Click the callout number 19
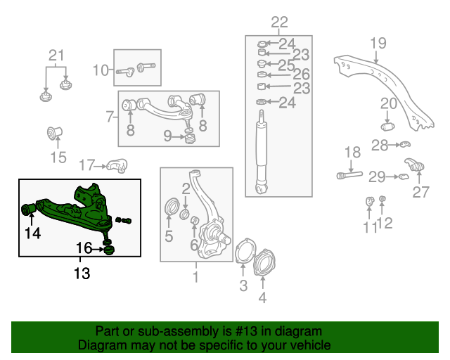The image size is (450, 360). pos(378,43)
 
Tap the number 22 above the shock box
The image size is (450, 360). pos(279,23)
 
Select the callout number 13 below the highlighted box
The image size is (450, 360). pos(82,274)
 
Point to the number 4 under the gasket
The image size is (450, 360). pos(262,297)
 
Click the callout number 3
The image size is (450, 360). pos(243,285)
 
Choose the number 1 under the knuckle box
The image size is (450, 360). pos(195,277)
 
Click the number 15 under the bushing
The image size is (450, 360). pos(58,157)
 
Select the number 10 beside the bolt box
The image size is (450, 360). pos(101,70)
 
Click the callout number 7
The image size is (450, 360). pos(110,116)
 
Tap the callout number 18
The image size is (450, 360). pos(352,152)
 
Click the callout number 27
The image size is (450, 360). pos(420,192)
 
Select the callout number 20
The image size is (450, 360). pos(389,104)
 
